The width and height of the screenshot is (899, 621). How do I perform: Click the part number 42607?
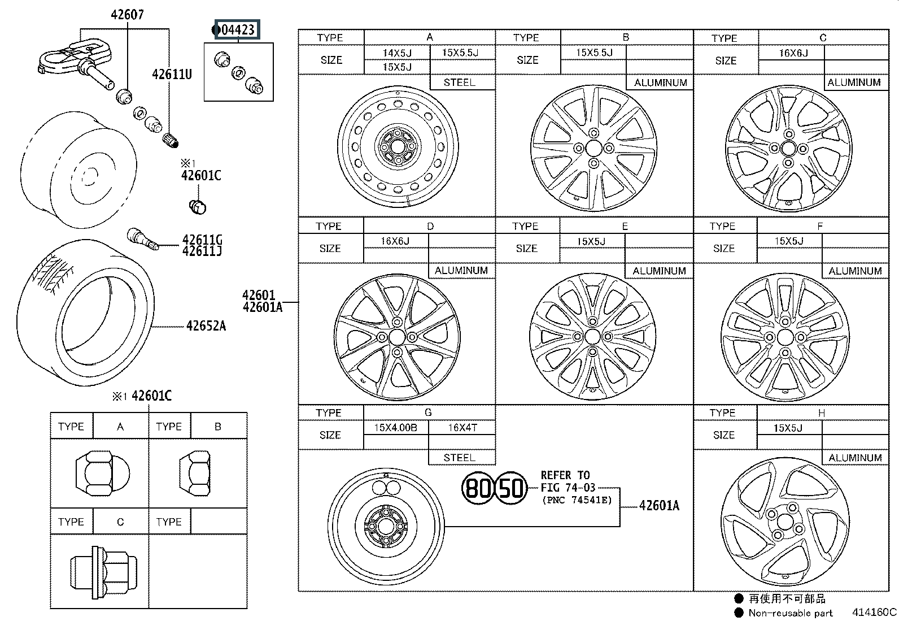[x=127, y=15]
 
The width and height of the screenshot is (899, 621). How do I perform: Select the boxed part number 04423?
[x=237, y=30]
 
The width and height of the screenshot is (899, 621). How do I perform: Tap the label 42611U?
[x=172, y=75]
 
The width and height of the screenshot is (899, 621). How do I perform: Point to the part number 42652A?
[x=206, y=326]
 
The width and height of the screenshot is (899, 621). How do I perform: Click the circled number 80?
[x=478, y=488]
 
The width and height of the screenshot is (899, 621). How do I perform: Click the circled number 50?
[x=510, y=488]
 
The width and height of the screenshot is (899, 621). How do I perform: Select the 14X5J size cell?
[x=397, y=53]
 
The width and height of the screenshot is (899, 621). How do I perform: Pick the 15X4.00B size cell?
[x=396, y=428]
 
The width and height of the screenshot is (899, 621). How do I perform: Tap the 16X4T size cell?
[x=462, y=428]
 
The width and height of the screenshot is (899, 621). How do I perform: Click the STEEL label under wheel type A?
[x=459, y=82]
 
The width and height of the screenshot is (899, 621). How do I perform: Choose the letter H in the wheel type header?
[x=821, y=413]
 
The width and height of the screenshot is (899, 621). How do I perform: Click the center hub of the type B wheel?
[x=593, y=148]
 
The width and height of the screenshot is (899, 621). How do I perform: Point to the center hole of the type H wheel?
[x=785, y=522]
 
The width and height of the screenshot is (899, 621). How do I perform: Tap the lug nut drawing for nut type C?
[x=103, y=572]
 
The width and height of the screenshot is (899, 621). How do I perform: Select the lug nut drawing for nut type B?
[x=195, y=473]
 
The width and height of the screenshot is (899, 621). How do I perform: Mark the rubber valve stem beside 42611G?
[x=143, y=239]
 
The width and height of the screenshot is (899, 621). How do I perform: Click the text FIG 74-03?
[x=568, y=488]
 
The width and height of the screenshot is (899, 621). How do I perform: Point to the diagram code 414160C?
[x=874, y=612]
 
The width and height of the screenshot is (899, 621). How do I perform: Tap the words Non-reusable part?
[x=790, y=613]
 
